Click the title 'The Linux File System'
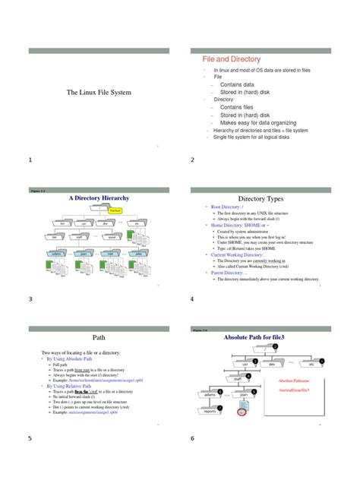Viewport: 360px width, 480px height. [x=99, y=92]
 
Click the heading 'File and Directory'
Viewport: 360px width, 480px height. [x=231, y=58]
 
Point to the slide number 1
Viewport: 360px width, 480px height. [x=30, y=160]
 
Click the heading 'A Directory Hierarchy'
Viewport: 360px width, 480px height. [x=99, y=198]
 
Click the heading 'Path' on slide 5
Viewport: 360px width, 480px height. [x=99, y=336]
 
